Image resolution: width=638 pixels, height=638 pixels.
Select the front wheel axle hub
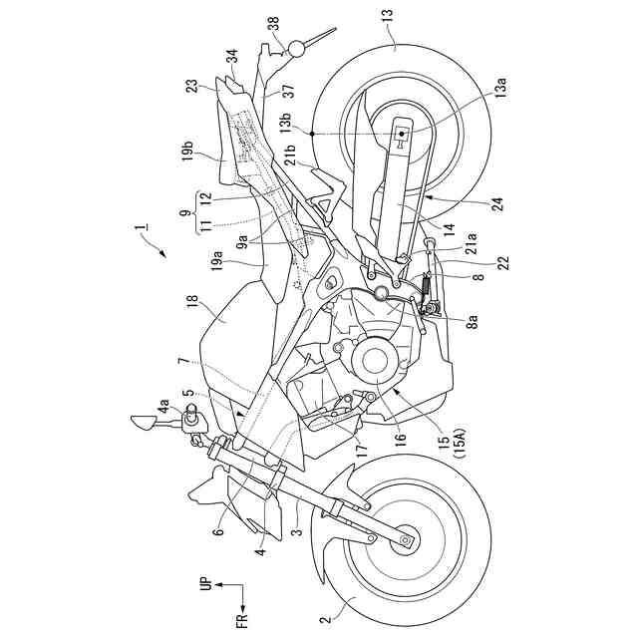pos(406,539)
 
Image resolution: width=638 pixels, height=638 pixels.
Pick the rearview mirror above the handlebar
pos(145,424)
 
